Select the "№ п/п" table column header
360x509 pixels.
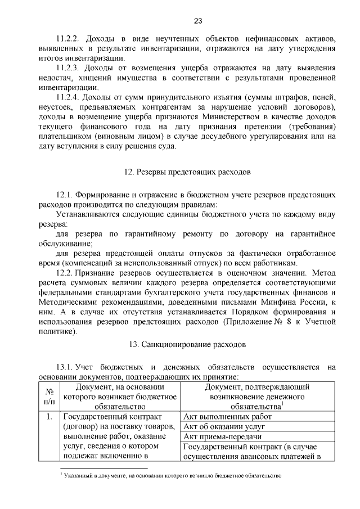(49, 397)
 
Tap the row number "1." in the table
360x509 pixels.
(49, 417)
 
